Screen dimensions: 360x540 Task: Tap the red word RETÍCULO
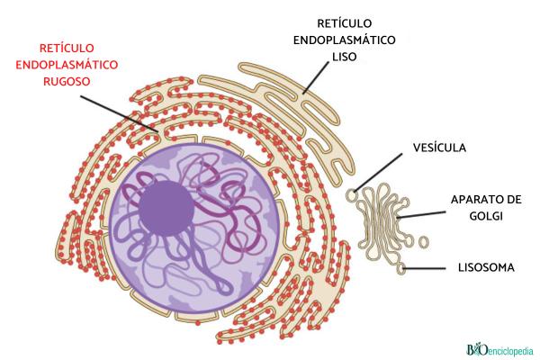click(67, 46)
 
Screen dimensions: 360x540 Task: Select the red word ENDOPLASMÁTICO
click(67, 63)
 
